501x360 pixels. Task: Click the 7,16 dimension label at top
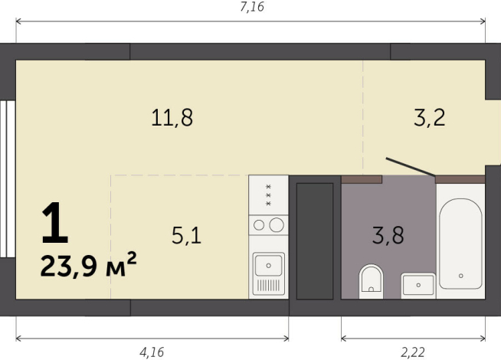tap(252, 8)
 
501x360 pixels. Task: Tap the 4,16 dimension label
tap(152, 352)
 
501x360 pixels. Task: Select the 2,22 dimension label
tap(414, 352)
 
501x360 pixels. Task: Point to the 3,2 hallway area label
tap(429, 118)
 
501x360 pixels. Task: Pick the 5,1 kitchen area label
tap(186, 236)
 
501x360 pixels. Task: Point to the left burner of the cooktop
tap(260, 224)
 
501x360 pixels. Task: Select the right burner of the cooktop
tap(277, 224)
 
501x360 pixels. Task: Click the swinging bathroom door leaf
tap(411, 167)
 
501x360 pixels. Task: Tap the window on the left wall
tap(5, 180)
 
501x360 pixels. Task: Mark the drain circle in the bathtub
tap(461, 276)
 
